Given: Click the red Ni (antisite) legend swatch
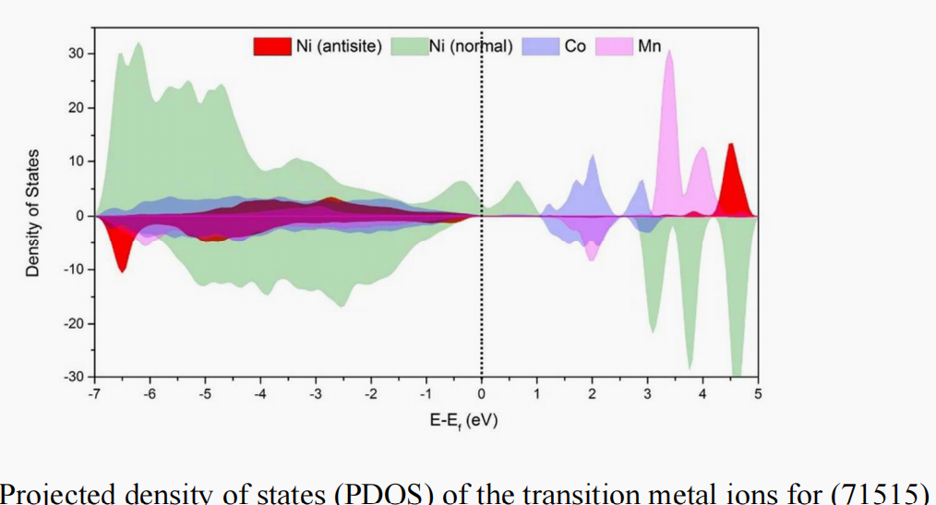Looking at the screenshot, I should pos(272,45).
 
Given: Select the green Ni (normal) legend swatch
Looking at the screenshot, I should pos(408,45).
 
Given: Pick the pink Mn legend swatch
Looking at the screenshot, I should pos(614,45).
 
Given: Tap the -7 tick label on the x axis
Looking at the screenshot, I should pos(93,394).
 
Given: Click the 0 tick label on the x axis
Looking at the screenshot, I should pos(481,394).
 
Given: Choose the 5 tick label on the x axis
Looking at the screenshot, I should pos(758,394).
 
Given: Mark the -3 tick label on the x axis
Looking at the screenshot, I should pos(315,394).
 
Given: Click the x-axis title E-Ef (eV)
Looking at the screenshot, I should pos(459,421).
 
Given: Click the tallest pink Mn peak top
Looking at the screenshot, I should pos(669,52).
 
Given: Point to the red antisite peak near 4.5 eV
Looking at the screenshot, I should pos(731,145).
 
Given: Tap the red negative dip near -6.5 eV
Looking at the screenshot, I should pos(122,270).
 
